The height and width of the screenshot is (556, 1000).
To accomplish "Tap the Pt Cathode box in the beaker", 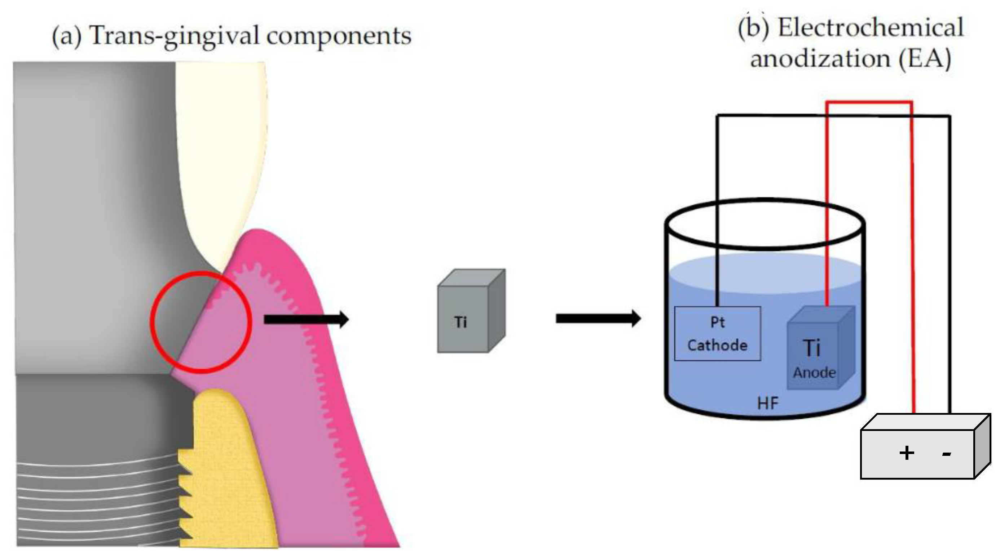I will pyautogui.click(x=717, y=333).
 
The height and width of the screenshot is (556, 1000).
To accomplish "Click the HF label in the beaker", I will pyautogui.click(x=767, y=404).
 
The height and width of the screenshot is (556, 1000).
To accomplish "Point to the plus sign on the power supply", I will pyautogui.click(x=907, y=453).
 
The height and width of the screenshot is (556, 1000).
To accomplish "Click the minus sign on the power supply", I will pyautogui.click(x=946, y=453).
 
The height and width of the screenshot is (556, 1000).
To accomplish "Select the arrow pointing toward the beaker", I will pyautogui.click(x=598, y=319).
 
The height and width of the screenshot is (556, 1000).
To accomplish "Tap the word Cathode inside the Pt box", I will pyautogui.click(x=717, y=345).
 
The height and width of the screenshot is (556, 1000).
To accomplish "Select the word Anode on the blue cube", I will pyautogui.click(x=814, y=373).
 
